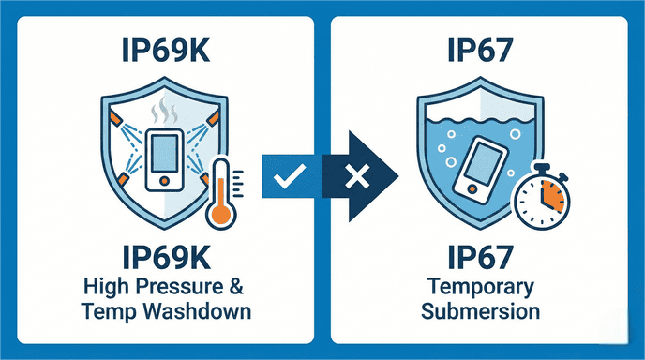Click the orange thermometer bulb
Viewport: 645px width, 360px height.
(x=219, y=214)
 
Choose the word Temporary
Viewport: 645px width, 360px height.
(x=479, y=284)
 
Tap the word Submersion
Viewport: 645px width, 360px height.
(x=479, y=308)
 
